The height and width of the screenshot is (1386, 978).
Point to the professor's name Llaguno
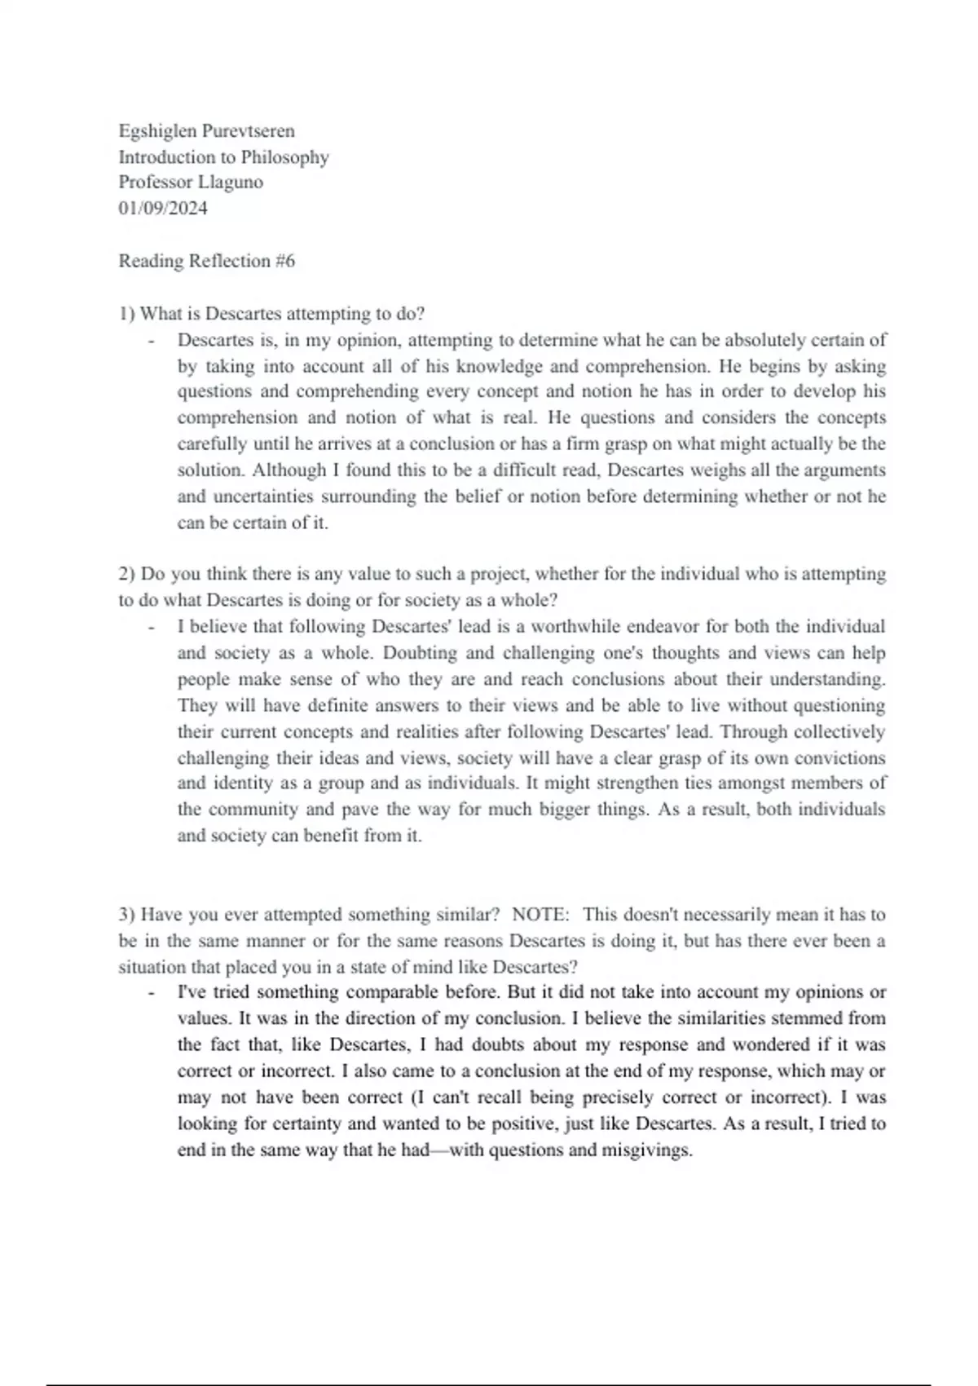tap(231, 183)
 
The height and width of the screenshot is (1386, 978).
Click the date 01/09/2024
tap(163, 209)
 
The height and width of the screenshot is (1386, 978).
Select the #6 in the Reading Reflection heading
tap(285, 261)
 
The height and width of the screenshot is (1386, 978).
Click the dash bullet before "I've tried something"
tap(152, 994)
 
